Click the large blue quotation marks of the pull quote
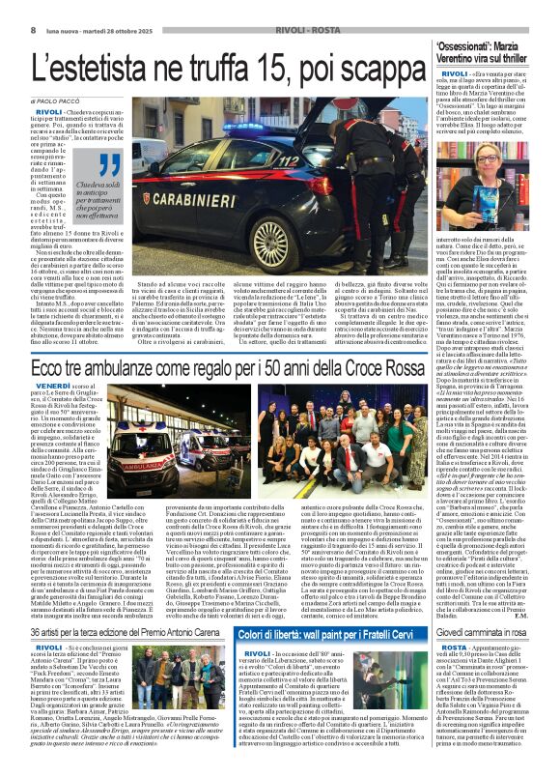[109, 166]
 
